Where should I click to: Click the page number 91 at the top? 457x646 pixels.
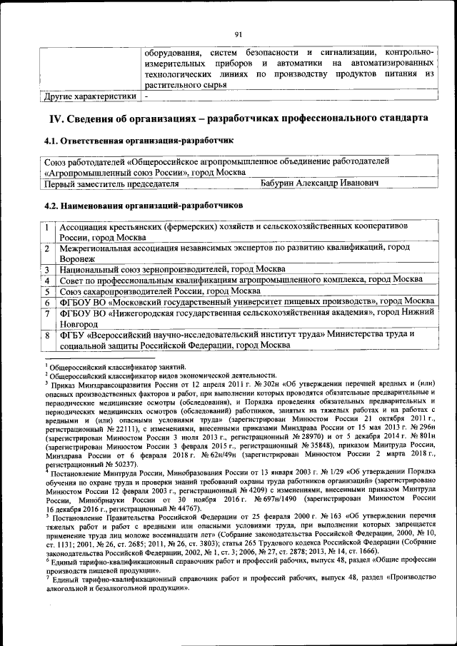[x=238, y=32]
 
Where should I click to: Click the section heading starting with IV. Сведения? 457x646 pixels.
[x=238, y=117]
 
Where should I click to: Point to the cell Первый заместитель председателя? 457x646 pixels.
[x=111, y=183]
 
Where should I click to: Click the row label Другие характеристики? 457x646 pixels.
[x=90, y=95]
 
